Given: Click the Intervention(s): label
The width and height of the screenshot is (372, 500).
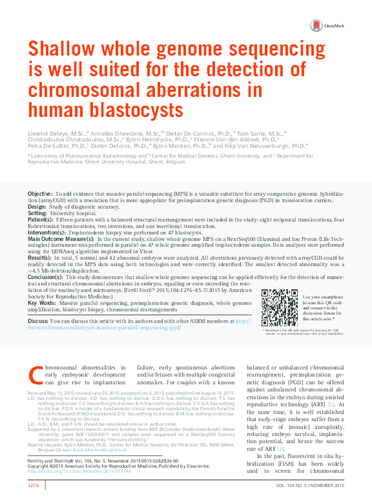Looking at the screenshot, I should tap(46, 231).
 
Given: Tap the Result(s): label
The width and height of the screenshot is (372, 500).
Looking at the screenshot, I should tap(39, 257).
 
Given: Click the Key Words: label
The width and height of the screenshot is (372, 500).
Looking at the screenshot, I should tap(42, 303).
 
